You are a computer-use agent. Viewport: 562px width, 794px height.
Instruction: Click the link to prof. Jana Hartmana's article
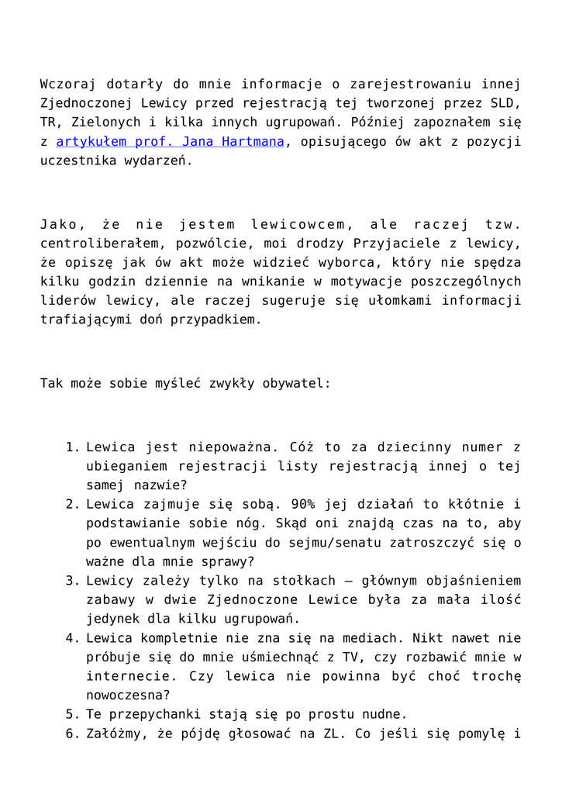pyautogui.click(x=171, y=142)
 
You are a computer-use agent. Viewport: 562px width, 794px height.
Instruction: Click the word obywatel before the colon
pyautogui.click(x=301, y=383)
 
